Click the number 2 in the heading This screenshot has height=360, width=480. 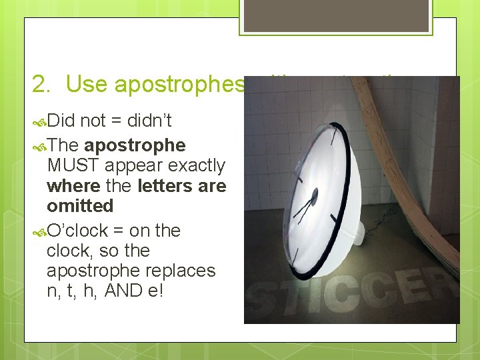coord(40,83)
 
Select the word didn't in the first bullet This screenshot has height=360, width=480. coord(149,121)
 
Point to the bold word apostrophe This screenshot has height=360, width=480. coord(135,145)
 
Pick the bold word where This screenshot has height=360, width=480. coord(74,185)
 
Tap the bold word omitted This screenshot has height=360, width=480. coord(80,205)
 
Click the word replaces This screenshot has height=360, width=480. coord(183,271)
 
